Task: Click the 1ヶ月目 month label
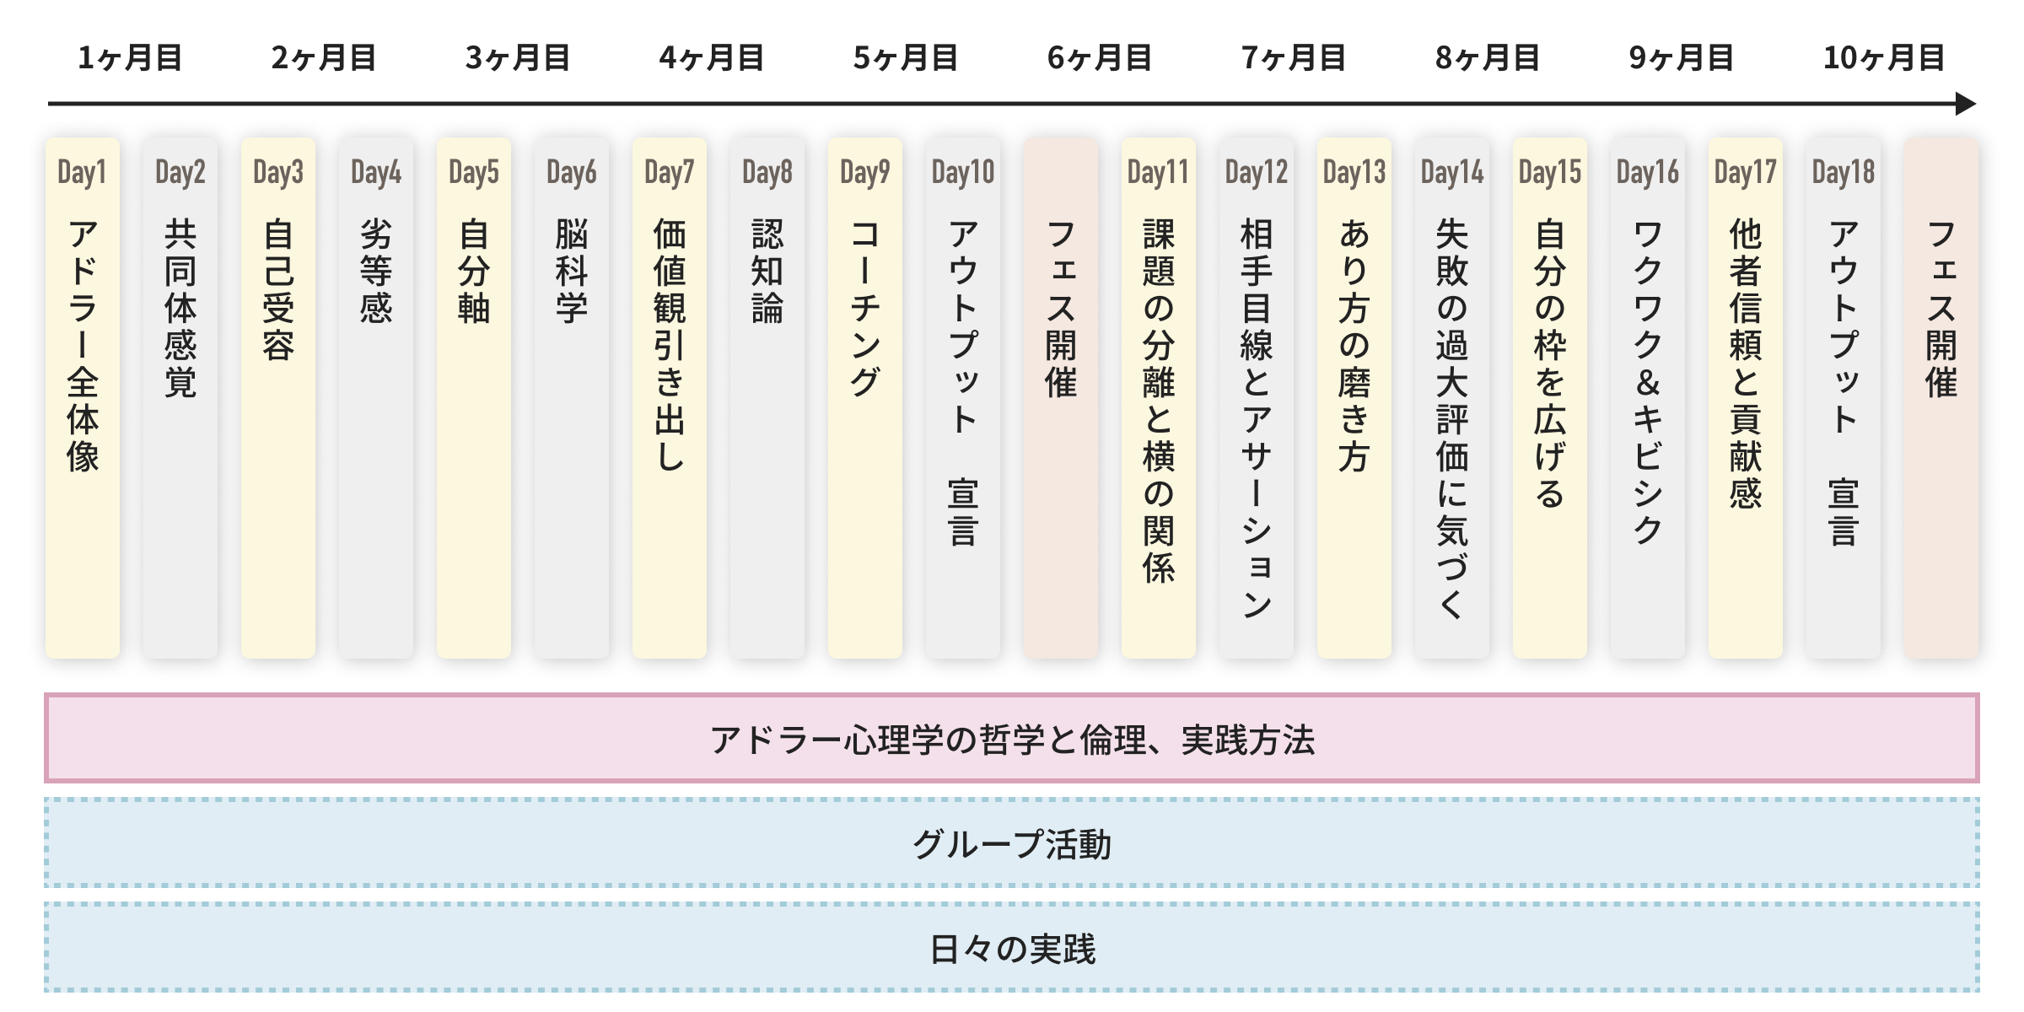pos(130,58)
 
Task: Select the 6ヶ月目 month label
pos(1100,58)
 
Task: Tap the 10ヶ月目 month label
pos(1884,58)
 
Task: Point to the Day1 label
pos(82,172)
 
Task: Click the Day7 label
pos(669,172)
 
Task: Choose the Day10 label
pos(962,172)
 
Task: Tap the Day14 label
pos(1451,172)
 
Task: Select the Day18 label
pos(1843,172)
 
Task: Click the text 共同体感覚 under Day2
pos(180,308)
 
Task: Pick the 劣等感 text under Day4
pos(376,271)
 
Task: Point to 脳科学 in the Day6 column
pos(572,271)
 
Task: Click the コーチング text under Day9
pos(865,308)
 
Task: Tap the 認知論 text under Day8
pos(767,271)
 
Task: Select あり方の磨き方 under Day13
pos(1354,345)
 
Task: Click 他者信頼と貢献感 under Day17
pos(1746,363)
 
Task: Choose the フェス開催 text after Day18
pos(1941,308)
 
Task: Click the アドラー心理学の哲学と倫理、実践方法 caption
pos(1012,740)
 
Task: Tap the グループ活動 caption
pos(1012,843)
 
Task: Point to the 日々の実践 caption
pos(1012,949)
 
